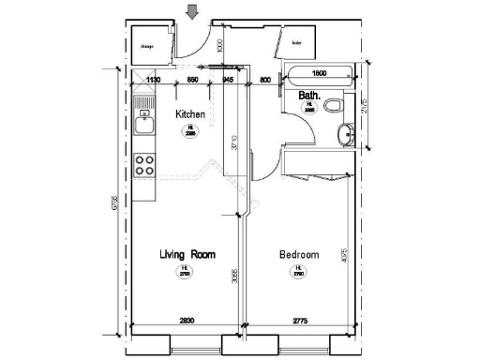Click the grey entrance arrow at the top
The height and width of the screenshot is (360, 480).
tap(192, 11)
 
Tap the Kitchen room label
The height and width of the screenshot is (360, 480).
tap(191, 114)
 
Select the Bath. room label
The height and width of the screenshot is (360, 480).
tap(310, 96)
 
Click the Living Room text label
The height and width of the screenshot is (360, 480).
tap(187, 254)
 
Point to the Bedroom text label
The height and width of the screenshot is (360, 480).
tap(299, 254)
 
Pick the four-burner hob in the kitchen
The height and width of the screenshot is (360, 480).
tap(144, 166)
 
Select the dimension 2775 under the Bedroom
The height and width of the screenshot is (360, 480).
tap(300, 322)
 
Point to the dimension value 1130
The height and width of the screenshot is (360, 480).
tap(154, 80)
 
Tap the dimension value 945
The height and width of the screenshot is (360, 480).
tap(228, 80)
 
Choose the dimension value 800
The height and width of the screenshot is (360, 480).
tap(265, 80)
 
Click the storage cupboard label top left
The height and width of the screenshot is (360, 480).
tap(147, 44)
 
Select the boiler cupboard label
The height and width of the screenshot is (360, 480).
tap(297, 42)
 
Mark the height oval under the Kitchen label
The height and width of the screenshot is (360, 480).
tap(191, 130)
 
